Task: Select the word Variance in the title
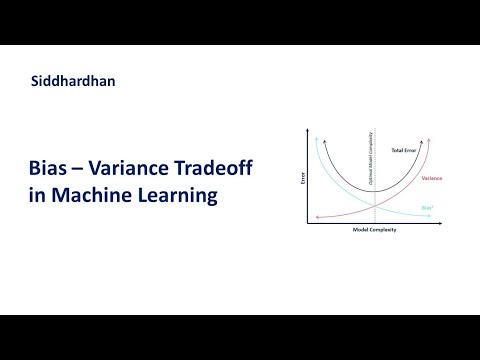coord(131,170)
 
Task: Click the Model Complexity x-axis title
coord(373,230)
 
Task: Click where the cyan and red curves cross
coord(374,205)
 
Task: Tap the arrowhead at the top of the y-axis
coord(310,128)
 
